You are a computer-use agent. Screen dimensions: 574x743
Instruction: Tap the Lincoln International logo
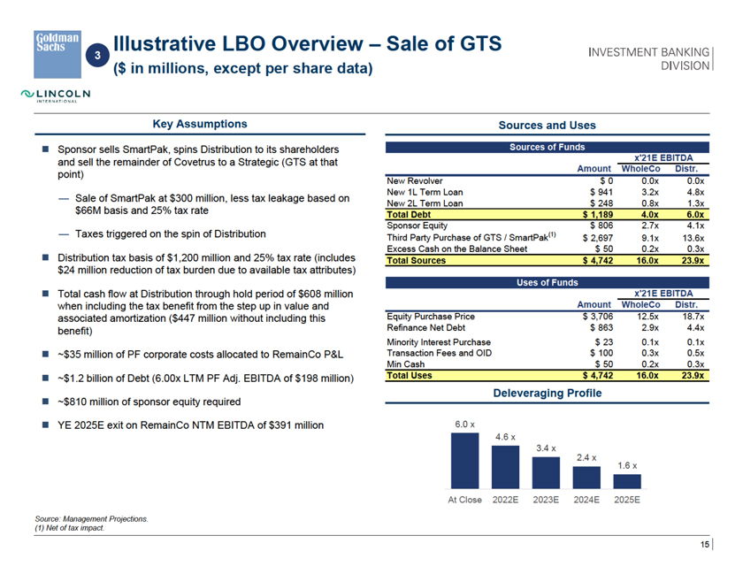pos(57,95)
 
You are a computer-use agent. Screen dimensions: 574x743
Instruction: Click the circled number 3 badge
pos(99,55)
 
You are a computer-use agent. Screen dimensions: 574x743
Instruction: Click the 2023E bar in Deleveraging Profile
pos(546,473)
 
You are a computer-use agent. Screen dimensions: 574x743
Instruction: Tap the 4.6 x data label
pos(506,437)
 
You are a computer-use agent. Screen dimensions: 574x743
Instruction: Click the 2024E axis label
pos(586,500)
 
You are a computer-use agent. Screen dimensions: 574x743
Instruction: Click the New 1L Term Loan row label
pos(425,191)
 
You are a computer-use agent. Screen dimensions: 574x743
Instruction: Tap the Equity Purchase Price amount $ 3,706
pos(597,316)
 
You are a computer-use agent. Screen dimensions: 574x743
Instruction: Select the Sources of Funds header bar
pos(546,147)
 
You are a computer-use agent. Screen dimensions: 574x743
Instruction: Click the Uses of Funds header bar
pos(546,283)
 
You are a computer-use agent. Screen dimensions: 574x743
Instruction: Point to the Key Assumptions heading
pos(200,125)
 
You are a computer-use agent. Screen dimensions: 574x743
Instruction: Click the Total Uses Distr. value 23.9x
pos(686,376)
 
